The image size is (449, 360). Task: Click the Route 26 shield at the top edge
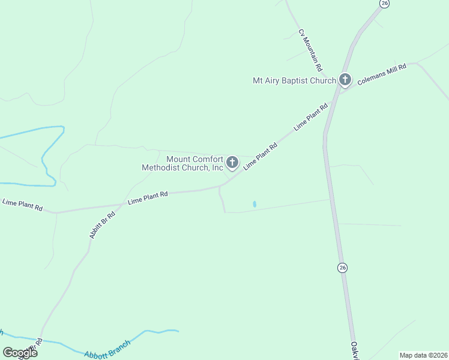point(384,4)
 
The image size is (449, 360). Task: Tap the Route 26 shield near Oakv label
point(342,267)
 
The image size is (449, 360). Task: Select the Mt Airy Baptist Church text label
point(294,80)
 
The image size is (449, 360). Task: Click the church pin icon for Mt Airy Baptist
point(345,79)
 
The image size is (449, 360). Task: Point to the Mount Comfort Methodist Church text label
point(182,164)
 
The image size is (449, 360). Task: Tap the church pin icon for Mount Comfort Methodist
point(232,162)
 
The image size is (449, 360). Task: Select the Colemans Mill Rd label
point(382,74)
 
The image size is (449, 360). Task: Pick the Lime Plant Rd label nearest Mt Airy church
point(311,118)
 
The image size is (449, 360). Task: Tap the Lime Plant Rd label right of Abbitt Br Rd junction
point(147,197)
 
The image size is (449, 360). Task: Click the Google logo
point(20,352)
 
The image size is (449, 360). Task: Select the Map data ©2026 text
point(423,355)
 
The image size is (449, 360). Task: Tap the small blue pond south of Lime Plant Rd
point(255,204)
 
